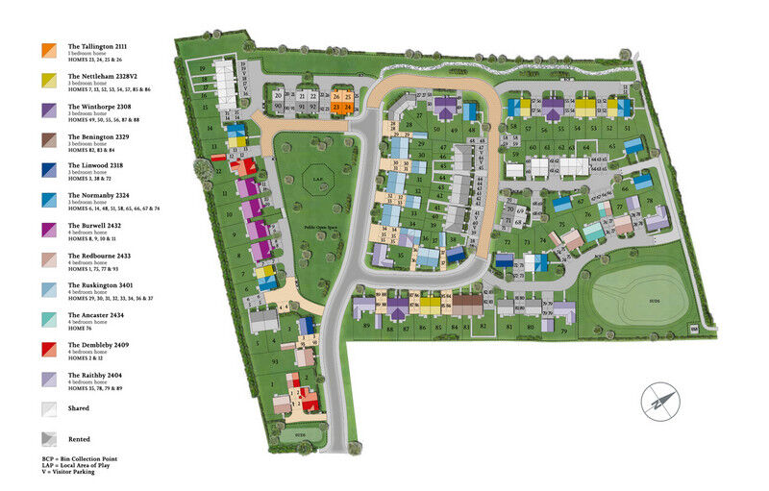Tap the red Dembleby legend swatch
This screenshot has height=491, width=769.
(48, 349)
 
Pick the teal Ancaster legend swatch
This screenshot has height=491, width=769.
(48, 319)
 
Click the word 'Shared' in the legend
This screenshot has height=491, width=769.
(79, 408)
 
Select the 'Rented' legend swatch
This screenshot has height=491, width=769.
(48, 439)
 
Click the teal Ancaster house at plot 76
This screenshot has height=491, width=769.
(594, 231)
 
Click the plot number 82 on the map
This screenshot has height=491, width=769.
(483, 327)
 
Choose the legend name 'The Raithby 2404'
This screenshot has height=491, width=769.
(101, 375)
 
